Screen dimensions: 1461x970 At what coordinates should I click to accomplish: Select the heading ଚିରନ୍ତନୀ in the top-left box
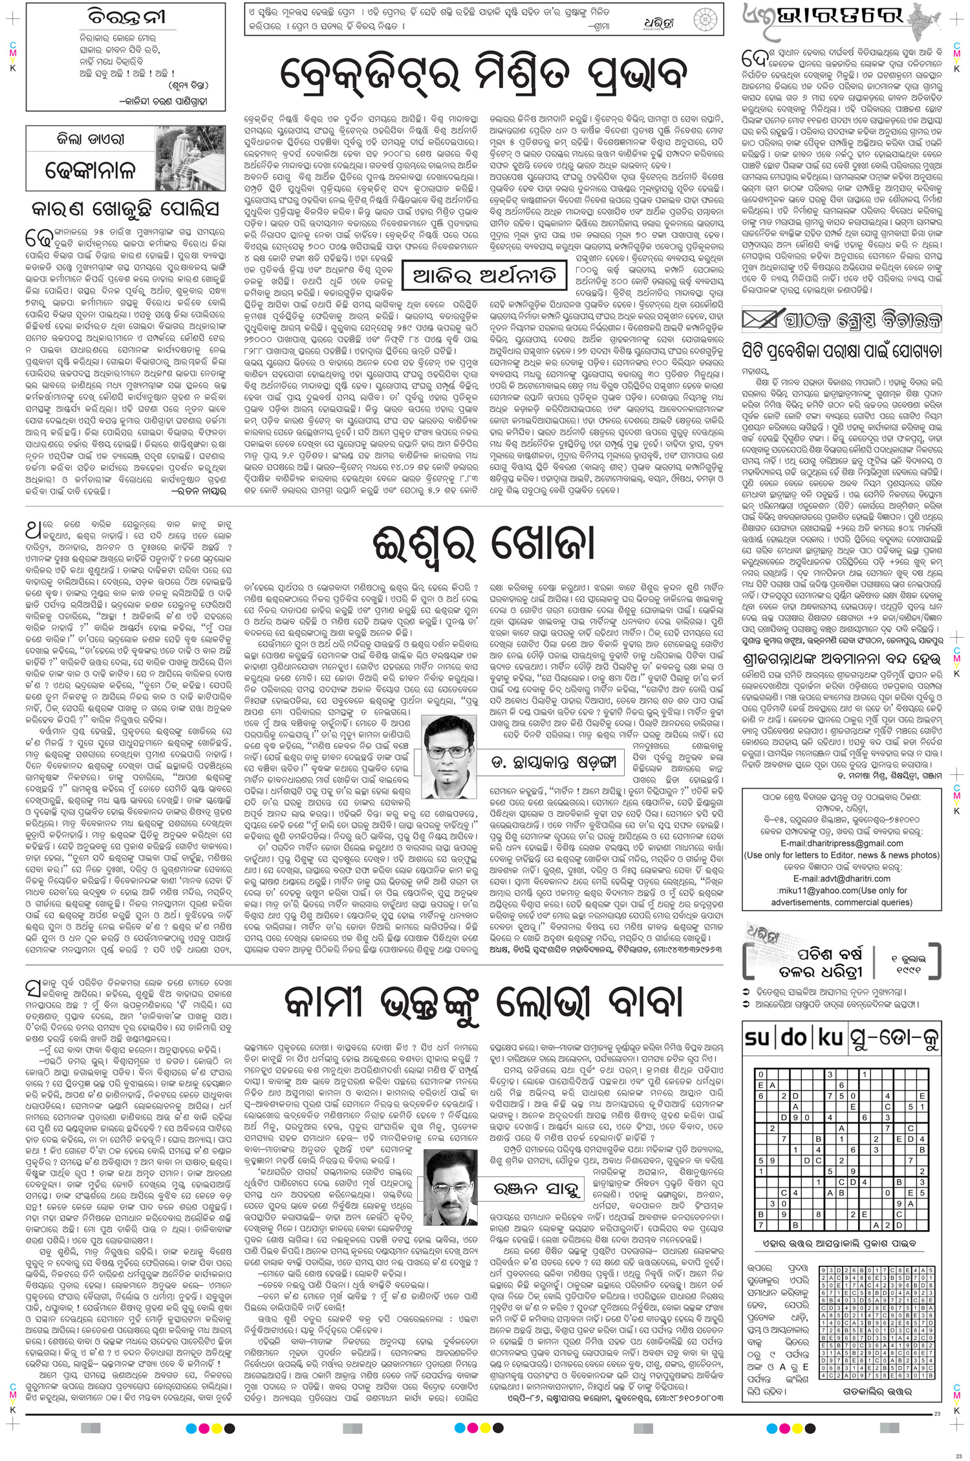point(127,16)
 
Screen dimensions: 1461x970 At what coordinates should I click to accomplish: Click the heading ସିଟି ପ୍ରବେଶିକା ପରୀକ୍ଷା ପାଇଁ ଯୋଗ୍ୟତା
point(841,352)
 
